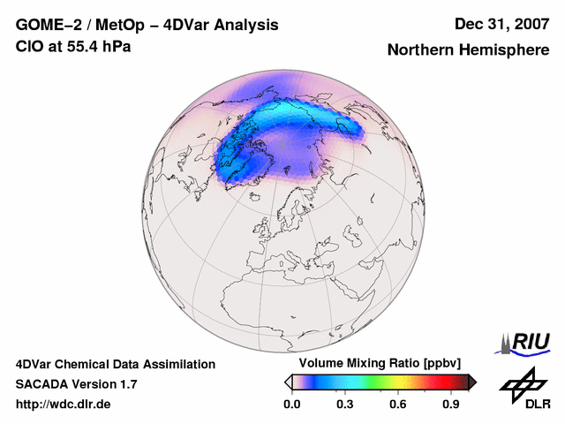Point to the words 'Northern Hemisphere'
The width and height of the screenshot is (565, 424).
coord(468,50)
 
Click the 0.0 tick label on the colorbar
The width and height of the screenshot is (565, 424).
coord(291,405)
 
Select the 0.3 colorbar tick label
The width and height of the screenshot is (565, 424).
coord(345,405)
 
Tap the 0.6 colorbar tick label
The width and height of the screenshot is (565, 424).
coord(398,405)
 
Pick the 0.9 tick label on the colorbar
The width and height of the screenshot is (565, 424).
coord(451,405)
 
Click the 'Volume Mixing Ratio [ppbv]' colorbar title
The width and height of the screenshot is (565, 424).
coord(380,364)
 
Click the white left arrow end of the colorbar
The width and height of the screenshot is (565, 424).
coord(289,382)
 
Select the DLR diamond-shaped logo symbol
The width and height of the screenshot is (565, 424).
coord(522,382)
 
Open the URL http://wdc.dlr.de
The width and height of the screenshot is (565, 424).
coord(64,405)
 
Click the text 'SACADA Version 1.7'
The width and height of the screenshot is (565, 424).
coord(77,384)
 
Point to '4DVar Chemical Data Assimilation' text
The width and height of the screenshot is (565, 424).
coord(115,364)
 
